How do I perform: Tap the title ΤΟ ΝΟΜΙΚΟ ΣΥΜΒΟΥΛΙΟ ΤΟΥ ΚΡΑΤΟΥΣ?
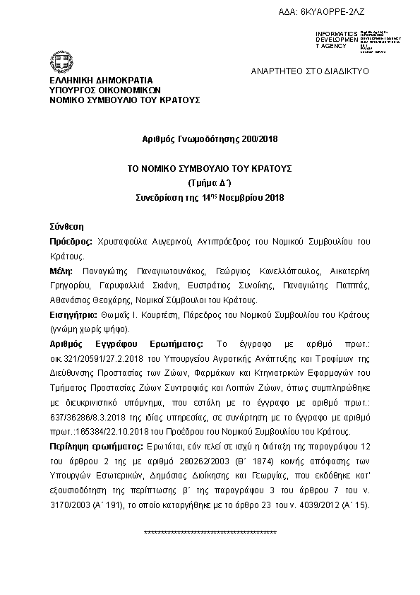click(210, 170)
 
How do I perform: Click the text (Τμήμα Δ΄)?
click(210, 183)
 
